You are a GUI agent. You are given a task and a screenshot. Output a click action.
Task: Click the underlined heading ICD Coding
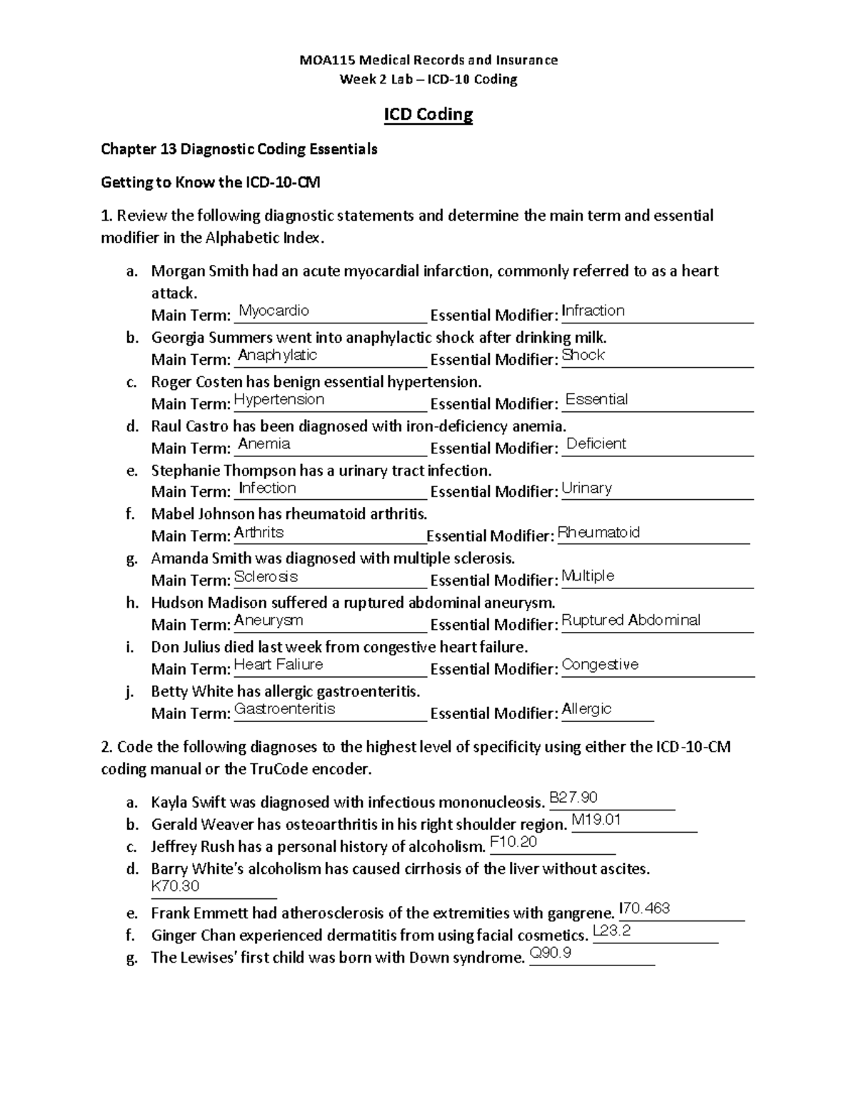(428, 114)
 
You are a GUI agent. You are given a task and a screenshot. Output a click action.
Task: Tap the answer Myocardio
(274, 311)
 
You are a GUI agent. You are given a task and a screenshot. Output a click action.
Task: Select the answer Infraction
(593, 311)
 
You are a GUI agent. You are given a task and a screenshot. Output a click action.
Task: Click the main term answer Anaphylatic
(277, 355)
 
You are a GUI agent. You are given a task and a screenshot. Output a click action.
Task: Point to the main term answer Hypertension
(279, 399)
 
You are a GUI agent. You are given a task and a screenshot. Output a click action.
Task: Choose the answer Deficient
(596, 443)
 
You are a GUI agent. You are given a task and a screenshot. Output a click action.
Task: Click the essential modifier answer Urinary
(587, 488)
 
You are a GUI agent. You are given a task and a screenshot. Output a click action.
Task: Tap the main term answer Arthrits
(259, 532)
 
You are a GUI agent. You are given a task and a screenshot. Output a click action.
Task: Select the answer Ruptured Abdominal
(631, 620)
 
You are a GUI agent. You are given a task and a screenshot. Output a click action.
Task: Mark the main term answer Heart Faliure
(279, 664)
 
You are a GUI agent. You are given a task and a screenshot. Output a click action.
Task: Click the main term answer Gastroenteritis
(284, 708)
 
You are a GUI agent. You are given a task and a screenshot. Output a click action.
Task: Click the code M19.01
(596, 819)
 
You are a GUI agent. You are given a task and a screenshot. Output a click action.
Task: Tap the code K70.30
(175, 886)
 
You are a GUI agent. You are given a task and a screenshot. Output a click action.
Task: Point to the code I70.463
(645, 908)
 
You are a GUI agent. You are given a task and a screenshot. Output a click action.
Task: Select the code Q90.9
(551, 953)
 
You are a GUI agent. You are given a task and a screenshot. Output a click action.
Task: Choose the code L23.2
(612, 930)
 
